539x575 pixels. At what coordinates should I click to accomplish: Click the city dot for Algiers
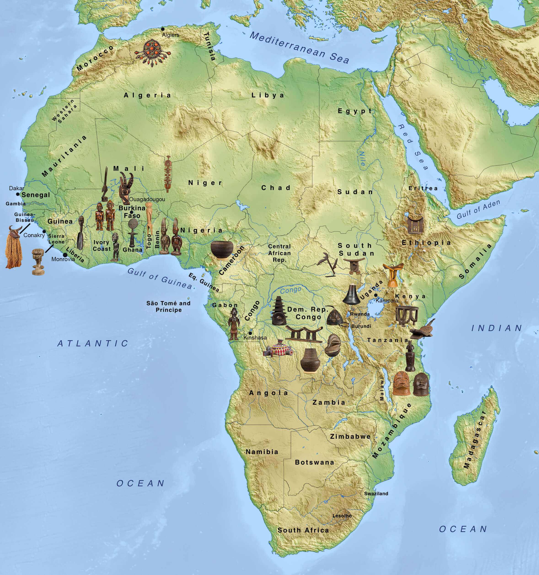(163, 29)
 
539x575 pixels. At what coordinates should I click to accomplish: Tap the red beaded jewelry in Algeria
(153, 52)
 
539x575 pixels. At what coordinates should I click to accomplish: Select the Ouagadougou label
(147, 199)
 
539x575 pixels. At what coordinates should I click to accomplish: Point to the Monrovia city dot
(65, 255)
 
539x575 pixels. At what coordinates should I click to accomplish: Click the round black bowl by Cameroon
(222, 249)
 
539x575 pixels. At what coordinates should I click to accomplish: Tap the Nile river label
(362, 158)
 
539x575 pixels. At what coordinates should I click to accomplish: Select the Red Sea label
(413, 147)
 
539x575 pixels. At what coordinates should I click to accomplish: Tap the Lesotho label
(342, 516)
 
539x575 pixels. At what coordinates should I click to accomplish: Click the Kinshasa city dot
(250, 333)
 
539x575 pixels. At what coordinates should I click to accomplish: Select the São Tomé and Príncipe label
(168, 306)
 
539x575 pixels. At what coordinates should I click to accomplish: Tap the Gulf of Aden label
(478, 209)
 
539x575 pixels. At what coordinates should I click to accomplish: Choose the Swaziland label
(376, 493)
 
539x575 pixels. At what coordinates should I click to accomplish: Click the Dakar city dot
(18, 194)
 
